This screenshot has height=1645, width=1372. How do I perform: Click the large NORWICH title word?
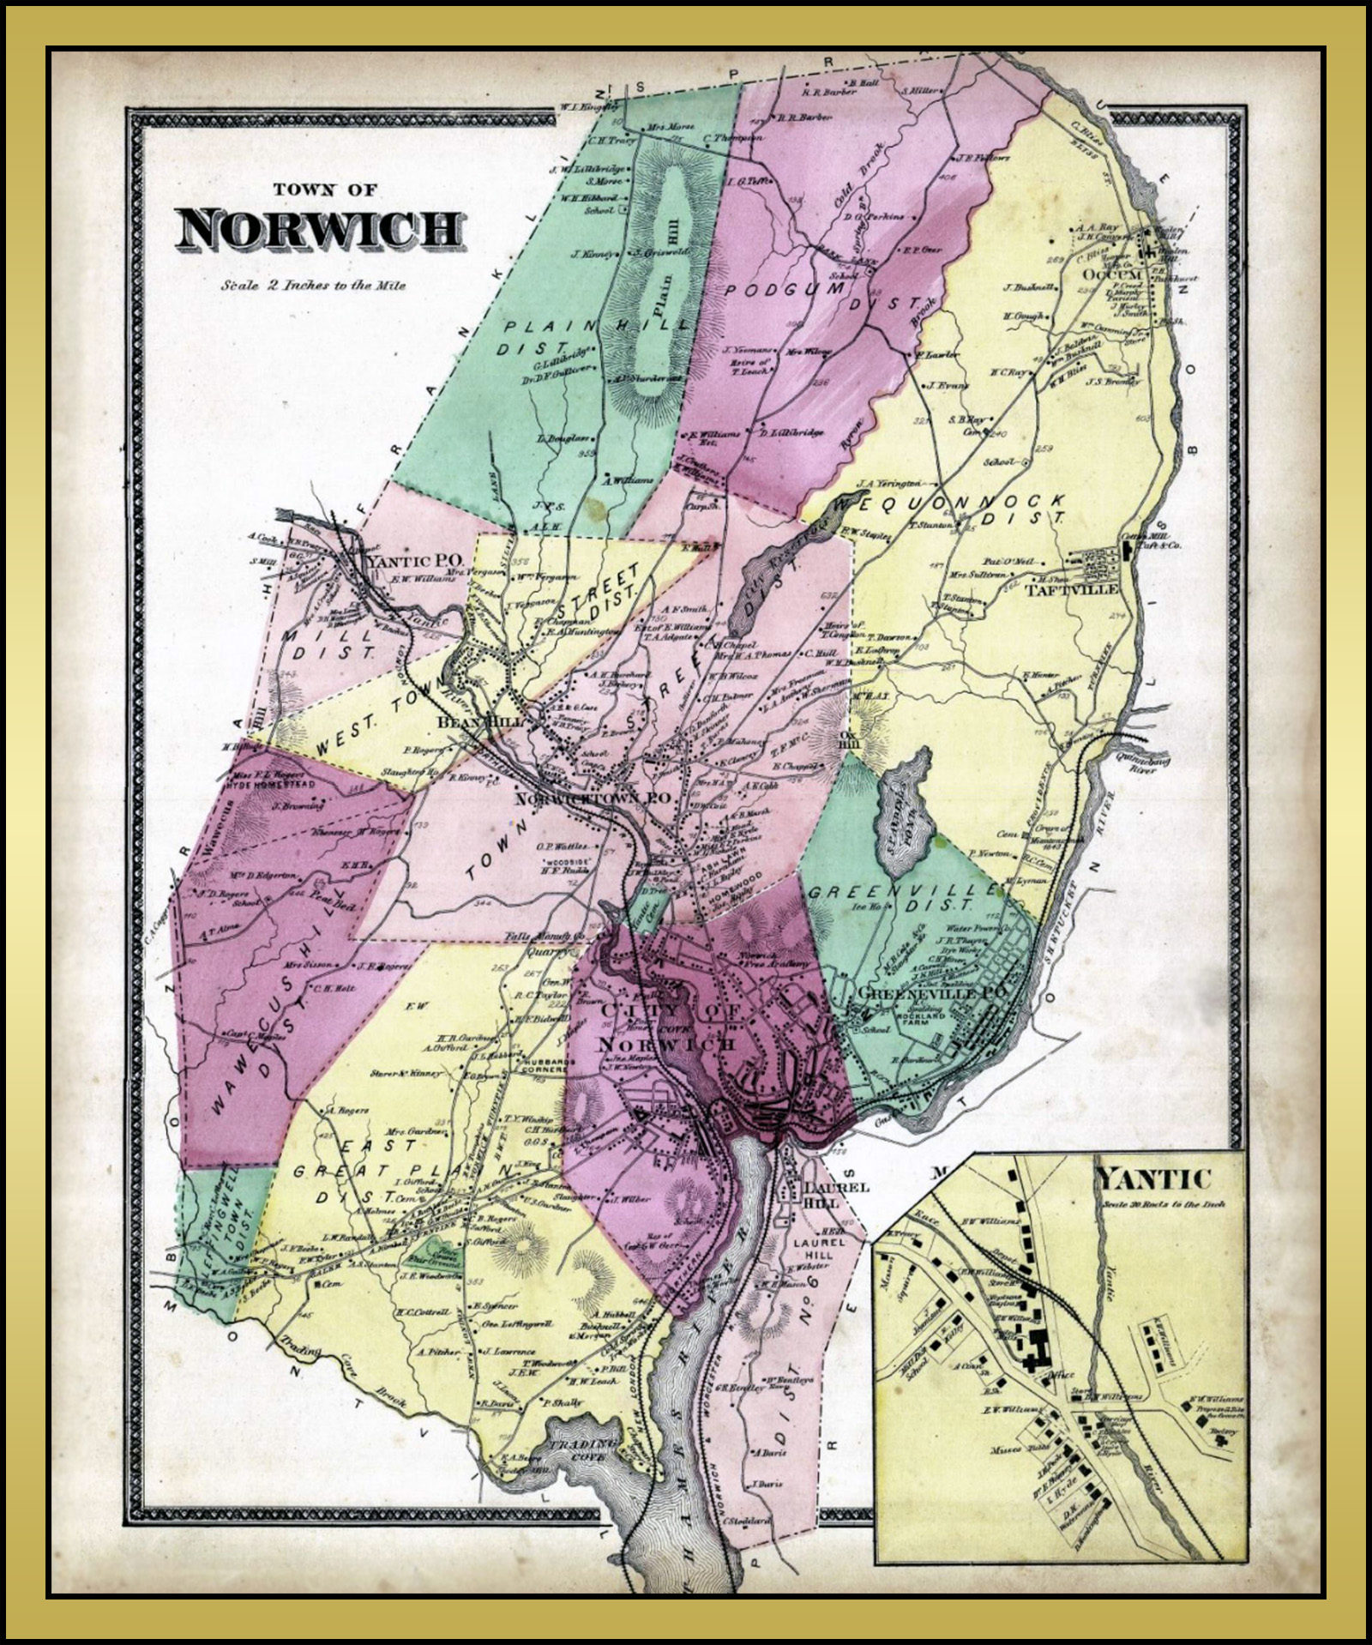(321, 230)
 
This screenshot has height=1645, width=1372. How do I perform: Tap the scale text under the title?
(312, 285)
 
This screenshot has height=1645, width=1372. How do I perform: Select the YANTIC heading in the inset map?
(1155, 1181)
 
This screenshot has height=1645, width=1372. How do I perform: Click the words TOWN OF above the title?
(323, 190)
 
